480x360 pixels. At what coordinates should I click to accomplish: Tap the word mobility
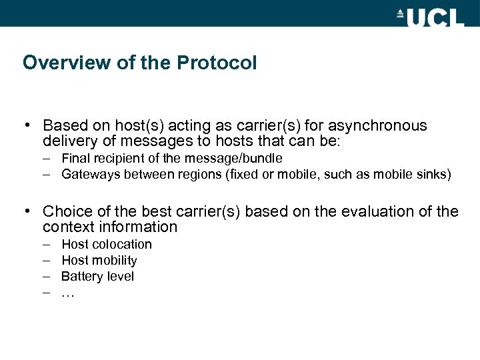click(115, 261)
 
